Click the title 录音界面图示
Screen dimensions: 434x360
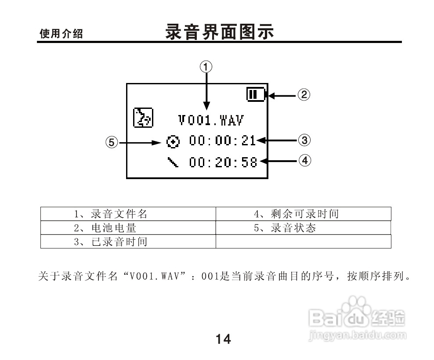pyautogui.click(x=220, y=32)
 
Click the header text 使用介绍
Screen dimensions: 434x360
pyautogui.click(x=61, y=34)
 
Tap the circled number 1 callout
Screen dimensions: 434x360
pyautogui.click(x=206, y=67)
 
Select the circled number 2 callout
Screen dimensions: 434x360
pyautogui.click(x=304, y=94)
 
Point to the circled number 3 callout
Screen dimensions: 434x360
pyautogui.click(x=304, y=140)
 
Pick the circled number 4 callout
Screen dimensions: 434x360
pyautogui.click(x=305, y=161)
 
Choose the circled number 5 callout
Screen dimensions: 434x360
pyautogui.click(x=112, y=142)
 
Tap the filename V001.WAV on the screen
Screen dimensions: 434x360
pyautogui.click(x=211, y=119)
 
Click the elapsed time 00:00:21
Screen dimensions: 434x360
pyautogui.click(x=223, y=141)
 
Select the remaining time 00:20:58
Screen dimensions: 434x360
pyautogui.click(x=223, y=162)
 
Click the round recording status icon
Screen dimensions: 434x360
pyautogui.click(x=174, y=141)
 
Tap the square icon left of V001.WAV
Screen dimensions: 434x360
pyautogui.click(x=143, y=117)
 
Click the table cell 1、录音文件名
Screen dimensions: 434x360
pyautogui.click(x=128, y=214)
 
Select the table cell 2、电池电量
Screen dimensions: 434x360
pyautogui.click(x=128, y=228)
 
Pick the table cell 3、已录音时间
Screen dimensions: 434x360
pyautogui.click(x=128, y=241)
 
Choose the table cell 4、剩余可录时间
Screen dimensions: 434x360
pyautogui.click(x=303, y=214)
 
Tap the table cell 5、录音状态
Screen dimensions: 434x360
pyautogui.click(x=303, y=228)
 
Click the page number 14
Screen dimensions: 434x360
pyautogui.click(x=223, y=339)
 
